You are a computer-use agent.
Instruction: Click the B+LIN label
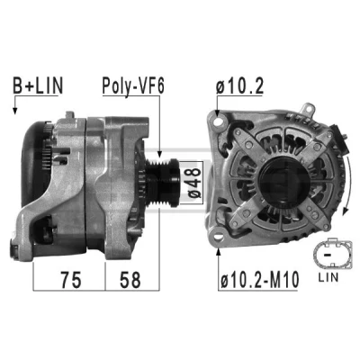[x=38, y=85]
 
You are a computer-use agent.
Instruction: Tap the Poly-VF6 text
[x=133, y=86]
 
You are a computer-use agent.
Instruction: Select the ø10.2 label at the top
[x=239, y=85]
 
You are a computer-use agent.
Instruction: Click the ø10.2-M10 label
[x=260, y=279]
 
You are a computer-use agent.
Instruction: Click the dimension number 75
[x=71, y=280]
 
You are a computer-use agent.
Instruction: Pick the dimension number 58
[x=130, y=280]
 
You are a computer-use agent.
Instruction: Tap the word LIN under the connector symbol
[x=328, y=277]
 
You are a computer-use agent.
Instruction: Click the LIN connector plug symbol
[x=332, y=254]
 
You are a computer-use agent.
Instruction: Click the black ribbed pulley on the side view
[x=162, y=183]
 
